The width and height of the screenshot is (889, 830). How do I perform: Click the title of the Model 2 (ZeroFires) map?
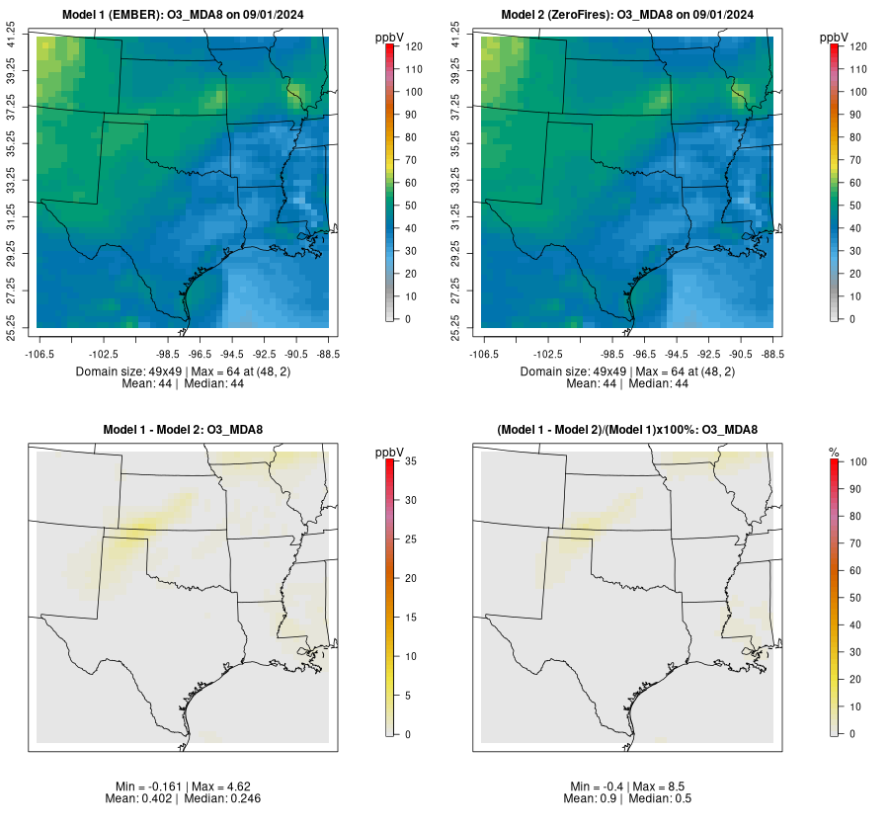[x=627, y=15]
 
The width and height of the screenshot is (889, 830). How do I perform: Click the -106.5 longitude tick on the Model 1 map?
[x=39, y=352]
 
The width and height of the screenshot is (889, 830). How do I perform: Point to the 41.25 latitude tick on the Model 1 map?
[x=13, y=38]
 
